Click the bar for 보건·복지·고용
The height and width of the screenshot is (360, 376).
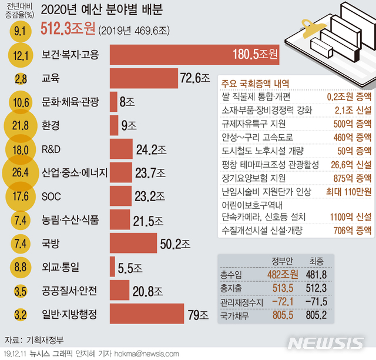[194, 55]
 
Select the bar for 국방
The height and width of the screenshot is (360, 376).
[133, 226]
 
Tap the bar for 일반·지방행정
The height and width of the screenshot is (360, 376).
[147, 315]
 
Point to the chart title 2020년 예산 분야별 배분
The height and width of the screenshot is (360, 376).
[102, 10]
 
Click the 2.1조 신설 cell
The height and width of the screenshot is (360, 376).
[347, 109]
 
